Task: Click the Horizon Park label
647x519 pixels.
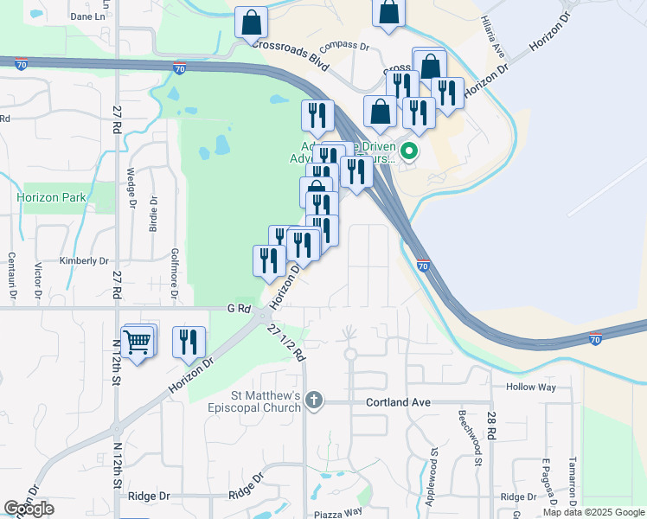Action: [x=51, y=197]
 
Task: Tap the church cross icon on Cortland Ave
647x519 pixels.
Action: [x=314, y=400]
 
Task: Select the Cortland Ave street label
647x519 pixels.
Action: [x=398, y=402]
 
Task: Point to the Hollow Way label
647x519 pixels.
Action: [x=530, y=387]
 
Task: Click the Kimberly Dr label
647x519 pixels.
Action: [x=84, y=260]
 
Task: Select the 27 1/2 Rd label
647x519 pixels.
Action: [x=288, y=341]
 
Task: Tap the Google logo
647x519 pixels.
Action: [x=29, y=509]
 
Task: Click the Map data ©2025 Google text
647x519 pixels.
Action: [x=593, y=512]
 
